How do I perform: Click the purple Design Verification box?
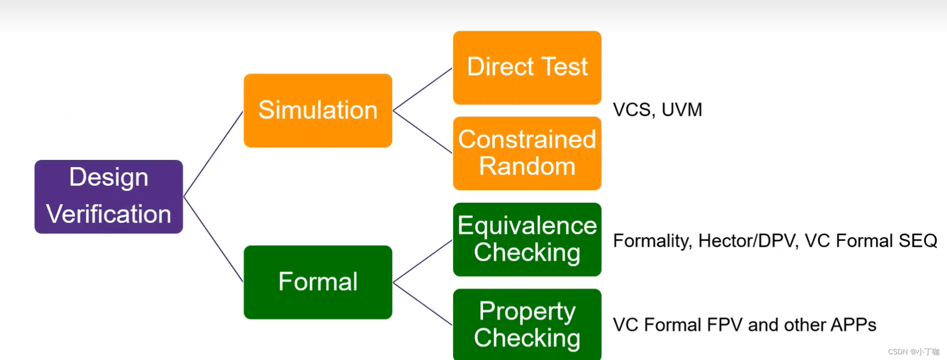tap(108, 197)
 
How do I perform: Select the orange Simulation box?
tap(318, 110)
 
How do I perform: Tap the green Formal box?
tap(318, 282)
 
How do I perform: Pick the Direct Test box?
tap(527, 68)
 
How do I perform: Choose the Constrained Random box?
tap(527, 153)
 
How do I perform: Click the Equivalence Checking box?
tap(527, 239)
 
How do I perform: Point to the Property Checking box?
tap(527, 324)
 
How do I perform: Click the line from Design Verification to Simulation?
tap(213, 154)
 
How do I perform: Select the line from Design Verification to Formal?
tap(213, 239)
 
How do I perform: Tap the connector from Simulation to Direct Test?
tap(423, 89)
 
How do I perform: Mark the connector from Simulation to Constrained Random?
tap(423, 132)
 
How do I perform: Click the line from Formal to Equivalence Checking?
tap(423, 261)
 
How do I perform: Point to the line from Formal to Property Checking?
tap(423, 304)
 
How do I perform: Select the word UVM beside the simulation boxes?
tap(682, 110)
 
